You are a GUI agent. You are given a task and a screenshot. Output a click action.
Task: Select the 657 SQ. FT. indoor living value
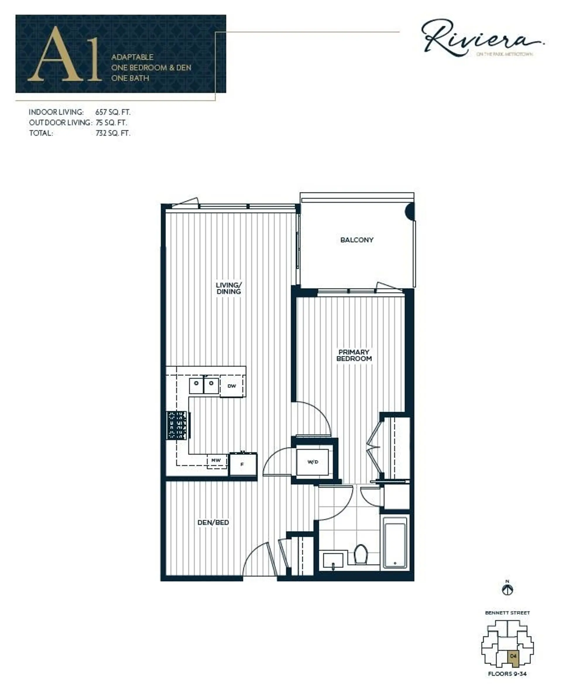113,112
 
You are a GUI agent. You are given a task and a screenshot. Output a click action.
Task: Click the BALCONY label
357,240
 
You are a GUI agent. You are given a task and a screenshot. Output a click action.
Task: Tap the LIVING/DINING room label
229,288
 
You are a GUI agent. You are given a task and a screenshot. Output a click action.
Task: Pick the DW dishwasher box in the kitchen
232,386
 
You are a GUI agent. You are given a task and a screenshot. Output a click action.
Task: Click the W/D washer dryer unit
312,462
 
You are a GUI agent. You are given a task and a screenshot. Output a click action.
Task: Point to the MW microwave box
216,460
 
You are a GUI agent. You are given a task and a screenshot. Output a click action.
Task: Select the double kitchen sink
204,384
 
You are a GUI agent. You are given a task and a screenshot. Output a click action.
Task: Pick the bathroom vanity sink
333,561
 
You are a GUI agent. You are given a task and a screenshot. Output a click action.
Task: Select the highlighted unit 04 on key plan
513,656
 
